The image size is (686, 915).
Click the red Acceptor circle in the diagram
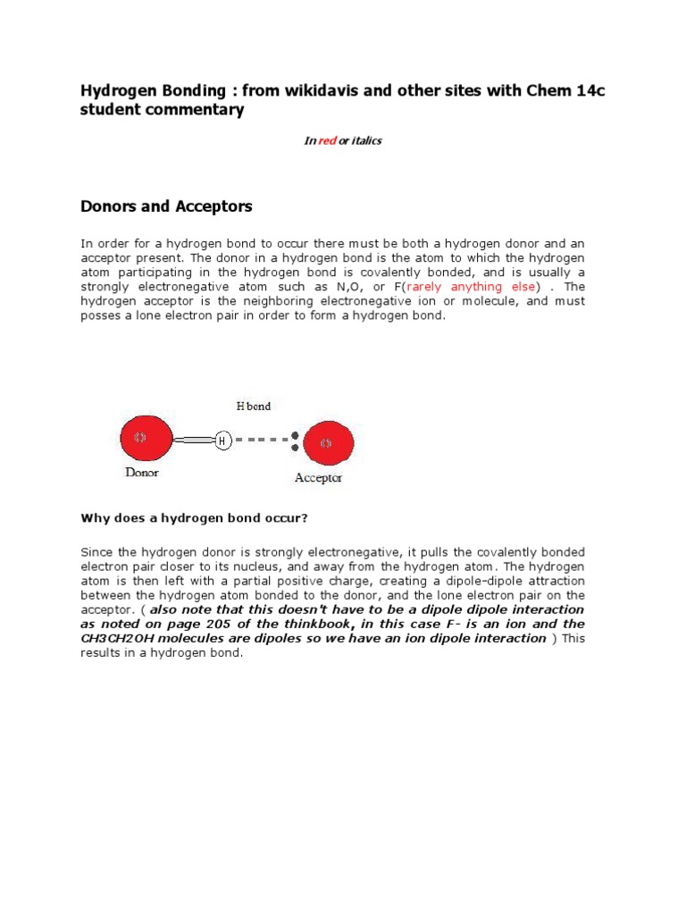[x=328, y=443]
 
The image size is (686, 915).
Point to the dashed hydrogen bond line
[x=259, y=440]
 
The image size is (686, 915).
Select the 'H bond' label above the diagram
[x=253, y=406]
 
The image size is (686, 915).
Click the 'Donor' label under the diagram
[x=141, y=473]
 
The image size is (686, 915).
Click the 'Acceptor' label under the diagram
[x=318, y=478]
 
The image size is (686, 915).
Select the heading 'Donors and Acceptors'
[x=166, y=206]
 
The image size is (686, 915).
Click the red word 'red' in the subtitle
[x=327, y=141]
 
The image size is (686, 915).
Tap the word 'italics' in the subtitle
[x=366, y=141]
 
